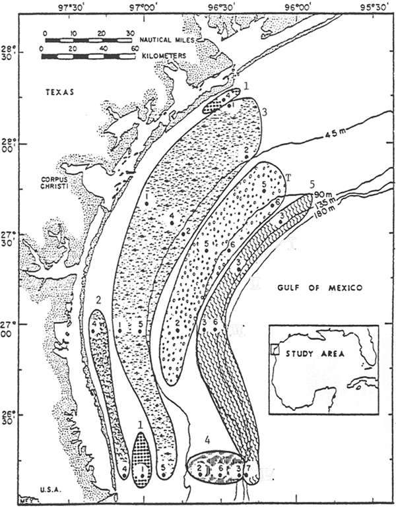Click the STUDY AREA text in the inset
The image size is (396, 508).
tap(314, 352)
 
